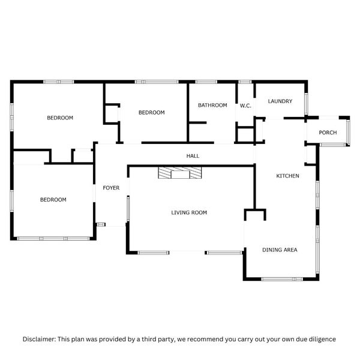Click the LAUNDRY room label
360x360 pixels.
coord(280,101)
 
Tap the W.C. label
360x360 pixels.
coord(245,106)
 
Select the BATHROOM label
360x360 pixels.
coord(212,106)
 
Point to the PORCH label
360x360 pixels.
coord(328,133)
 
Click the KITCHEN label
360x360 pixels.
coord(287,176)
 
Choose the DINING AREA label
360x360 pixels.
coord(280,250)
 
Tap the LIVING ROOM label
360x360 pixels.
coord(189,212)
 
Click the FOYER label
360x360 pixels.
coord(111,188)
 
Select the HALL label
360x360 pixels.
coord(193,156)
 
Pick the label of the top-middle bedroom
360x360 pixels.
coord(151,112)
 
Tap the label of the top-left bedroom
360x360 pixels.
coord(60,118)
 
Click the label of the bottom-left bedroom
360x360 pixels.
coord(53,200)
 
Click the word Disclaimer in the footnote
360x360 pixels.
coord(39,339)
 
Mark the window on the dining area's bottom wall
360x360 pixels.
coord(281,278)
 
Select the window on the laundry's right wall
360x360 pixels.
coord(307,104)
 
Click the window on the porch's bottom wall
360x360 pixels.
coord(332,145)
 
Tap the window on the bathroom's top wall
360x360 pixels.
coord(206,82)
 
